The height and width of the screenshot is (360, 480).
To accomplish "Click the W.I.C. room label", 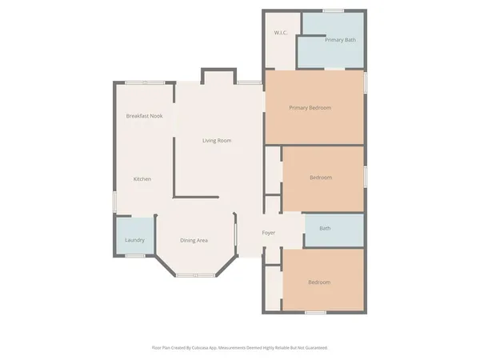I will coord(280,33).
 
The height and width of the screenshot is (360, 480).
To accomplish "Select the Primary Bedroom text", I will coord(310,108).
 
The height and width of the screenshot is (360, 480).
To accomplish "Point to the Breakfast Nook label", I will coord(144,117).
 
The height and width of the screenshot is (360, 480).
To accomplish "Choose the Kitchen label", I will coord(142,179).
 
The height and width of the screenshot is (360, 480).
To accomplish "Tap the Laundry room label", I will coord(134,240).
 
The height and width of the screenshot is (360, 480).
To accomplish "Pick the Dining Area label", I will coord(194,240).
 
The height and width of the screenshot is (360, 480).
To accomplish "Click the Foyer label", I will coord(269,233).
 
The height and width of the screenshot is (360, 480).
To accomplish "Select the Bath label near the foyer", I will coord(325,229).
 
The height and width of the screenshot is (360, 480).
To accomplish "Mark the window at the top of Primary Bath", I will coord(334,10).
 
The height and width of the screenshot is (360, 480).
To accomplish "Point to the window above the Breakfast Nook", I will coord(145,82).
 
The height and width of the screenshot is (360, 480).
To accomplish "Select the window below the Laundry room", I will coord(135,256).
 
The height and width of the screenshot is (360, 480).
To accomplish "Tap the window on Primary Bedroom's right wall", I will coord(366,82).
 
